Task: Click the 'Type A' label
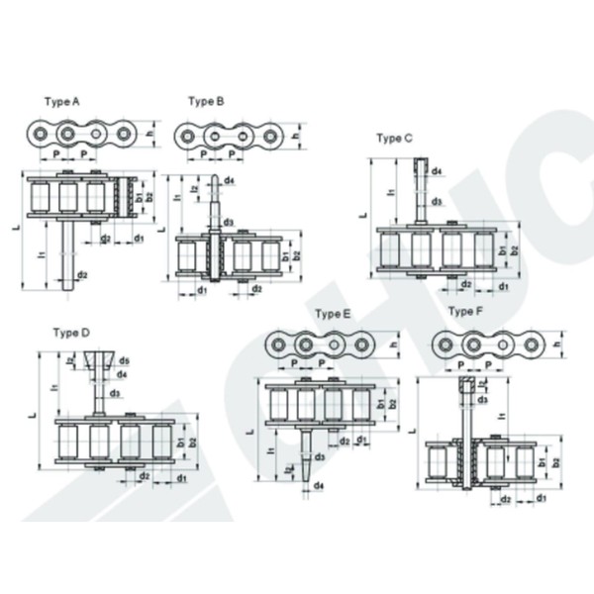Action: point(62,101)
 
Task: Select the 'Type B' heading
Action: point(206,101)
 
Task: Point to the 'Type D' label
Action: point(71,332)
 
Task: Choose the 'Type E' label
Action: point(333,314)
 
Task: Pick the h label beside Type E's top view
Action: point(393,344)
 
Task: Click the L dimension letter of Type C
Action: point(362,213)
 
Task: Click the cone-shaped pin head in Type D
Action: point(99,361)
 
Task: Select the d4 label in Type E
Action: point(319,486)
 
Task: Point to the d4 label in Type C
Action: point(437,171)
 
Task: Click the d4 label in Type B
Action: point(229,180)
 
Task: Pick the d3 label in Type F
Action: point(482,400)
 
